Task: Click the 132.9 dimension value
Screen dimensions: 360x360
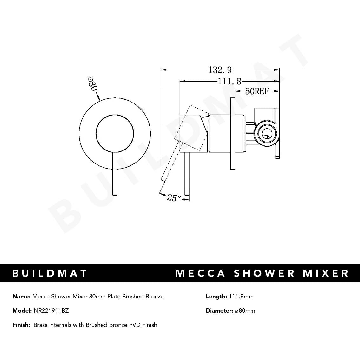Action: (x=220, y=70)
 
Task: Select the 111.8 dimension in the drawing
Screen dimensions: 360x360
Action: (x=229, y=82)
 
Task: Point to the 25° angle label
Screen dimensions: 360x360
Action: (x=174, y=198)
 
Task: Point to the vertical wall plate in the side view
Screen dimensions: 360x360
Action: (x=233, y=133)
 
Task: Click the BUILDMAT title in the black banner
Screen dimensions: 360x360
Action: (x=50, y=273)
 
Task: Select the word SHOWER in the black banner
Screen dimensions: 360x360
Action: (x=264, y=273)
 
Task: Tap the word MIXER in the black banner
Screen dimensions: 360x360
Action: (x=326, y=273)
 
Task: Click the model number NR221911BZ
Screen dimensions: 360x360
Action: (x=51, y=311)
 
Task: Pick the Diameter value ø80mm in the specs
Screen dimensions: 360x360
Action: (x=245, y=311)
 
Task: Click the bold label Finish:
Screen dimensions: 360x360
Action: (x=21, y=325)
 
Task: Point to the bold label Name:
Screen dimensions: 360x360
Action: (x=21, y=297)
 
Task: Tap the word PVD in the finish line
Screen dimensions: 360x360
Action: (x=135, y=325)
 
